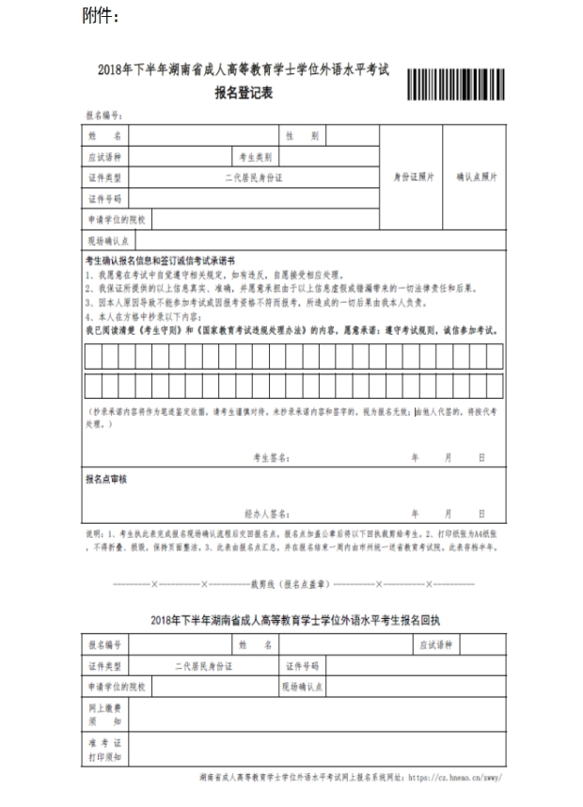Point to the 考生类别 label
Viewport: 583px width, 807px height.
pyautogui.click(x=255, y=157)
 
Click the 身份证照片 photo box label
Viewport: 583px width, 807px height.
pyautogui.click(x=413, y=177)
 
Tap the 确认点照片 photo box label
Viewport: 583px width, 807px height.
pyautogui.click(x=478, y=177)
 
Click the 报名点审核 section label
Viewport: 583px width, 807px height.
pyautogui.click(x=106, y=480)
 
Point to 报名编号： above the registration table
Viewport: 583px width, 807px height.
pyautogui.click(x=104, y=116)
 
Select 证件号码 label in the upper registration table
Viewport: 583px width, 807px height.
pyautogui.click(x=104, y=198)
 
